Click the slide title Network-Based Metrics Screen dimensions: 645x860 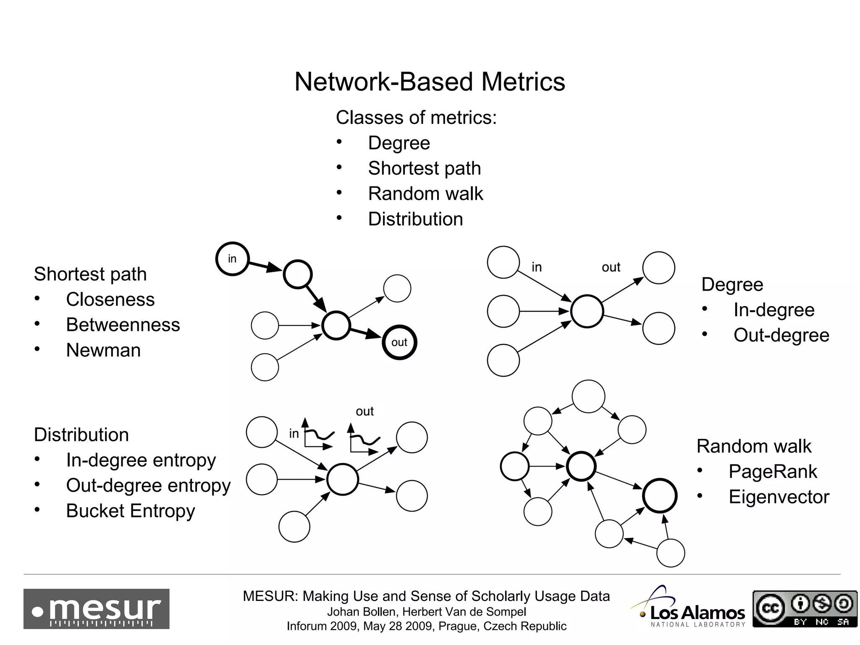click(x=430, y=81)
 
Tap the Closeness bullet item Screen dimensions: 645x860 click(x=110, y=300)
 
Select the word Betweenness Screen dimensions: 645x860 click(x=123, y=325)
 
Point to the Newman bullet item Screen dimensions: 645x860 click(x=103, y=350)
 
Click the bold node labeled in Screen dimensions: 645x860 click(x=232, y=259)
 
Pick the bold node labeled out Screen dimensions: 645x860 click(x=399, y=342)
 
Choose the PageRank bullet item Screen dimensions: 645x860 click(x=773, y=472)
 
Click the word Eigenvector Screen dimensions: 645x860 click(x=779, y=497)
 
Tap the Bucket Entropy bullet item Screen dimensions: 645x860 click(x=130, y=511)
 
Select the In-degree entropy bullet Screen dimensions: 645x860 click(x=141, y=460)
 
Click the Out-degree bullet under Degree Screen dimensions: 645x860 click(x=781, y=336)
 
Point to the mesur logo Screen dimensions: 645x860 click(x=96, y=609)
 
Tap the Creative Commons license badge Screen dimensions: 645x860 click(x=805, y=609)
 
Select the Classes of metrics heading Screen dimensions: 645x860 click(x=416, y=118)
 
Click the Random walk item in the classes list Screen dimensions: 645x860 click(x=425, y=194)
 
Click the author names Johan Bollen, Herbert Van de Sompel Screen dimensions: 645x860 click(x=426, y=612)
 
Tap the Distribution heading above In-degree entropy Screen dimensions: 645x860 click(x=81, y=435)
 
